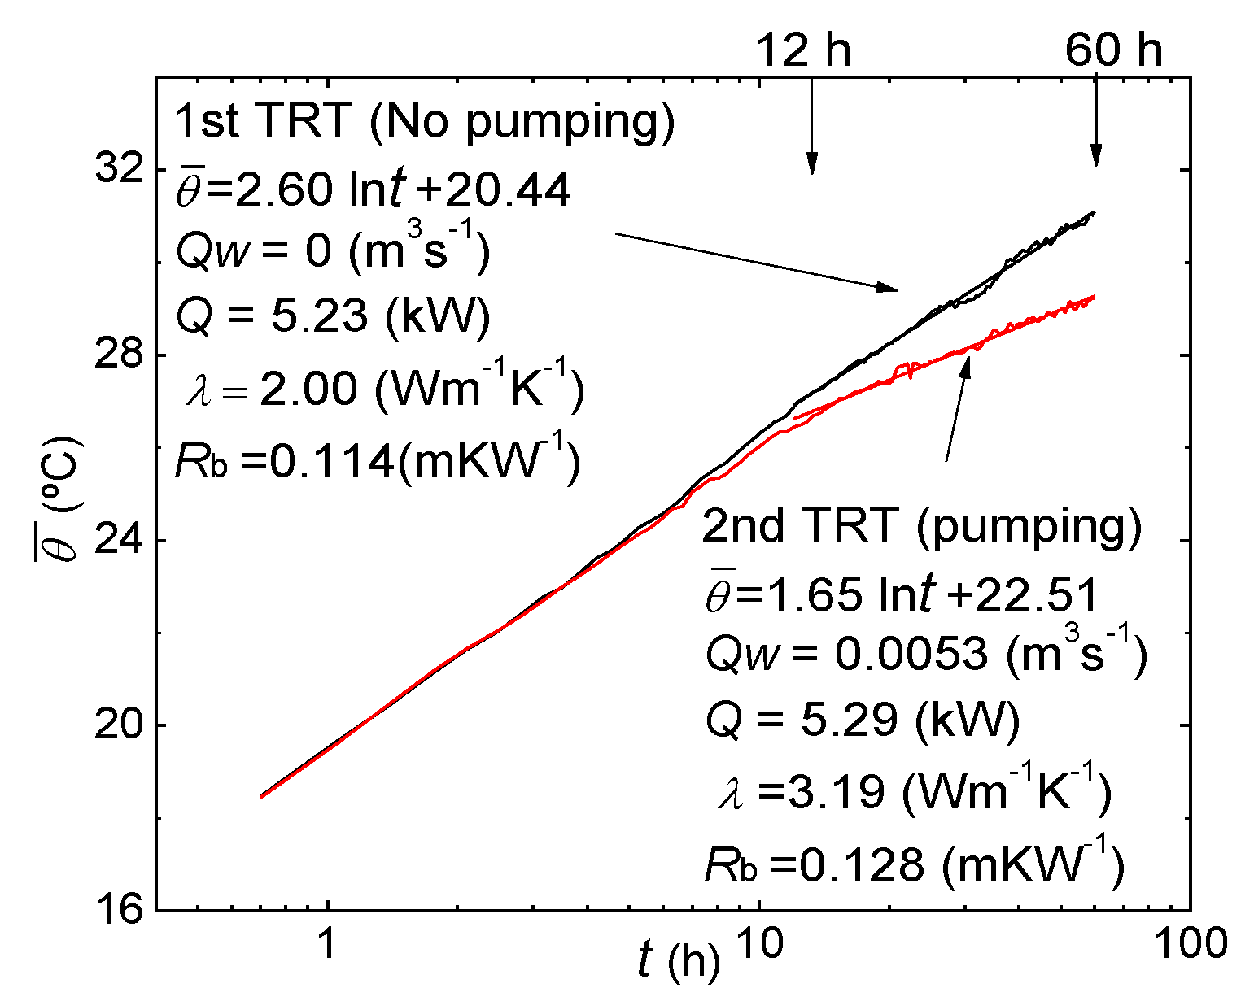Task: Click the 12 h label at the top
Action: click(804, 50)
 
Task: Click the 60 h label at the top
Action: click(1113, 50)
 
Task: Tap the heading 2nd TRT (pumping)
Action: click(921, 525)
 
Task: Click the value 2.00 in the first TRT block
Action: click(308, 389)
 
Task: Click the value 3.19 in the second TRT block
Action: click(824, 790)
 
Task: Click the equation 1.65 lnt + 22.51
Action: click(902, 595)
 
